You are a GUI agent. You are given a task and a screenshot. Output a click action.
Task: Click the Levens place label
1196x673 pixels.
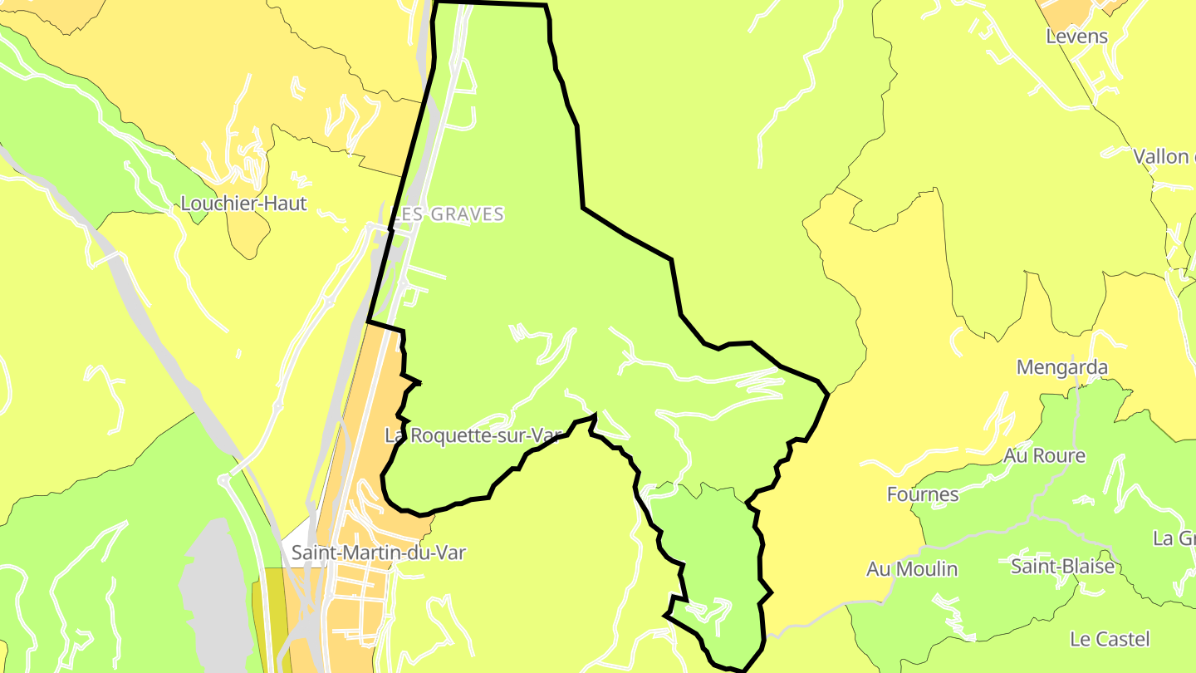[x=1076, y=37]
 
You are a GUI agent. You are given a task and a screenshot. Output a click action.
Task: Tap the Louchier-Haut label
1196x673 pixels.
[x=243, y=204]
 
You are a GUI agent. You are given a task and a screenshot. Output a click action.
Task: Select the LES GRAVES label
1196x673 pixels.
[x=448, y=214]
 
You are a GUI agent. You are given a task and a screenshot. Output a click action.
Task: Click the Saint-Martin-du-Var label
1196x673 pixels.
[x=378, y=553]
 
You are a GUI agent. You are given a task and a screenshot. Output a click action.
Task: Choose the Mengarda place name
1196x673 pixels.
[x=1061, y=367]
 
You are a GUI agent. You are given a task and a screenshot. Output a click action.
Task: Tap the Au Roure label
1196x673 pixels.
[x=1044, y=456]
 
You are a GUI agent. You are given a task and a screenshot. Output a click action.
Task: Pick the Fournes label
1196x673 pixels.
[x=922, y=495]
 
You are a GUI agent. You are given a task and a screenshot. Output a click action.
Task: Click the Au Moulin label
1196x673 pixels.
[x=911, y=569]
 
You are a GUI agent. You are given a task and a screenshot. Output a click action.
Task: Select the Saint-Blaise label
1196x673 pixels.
[x=1061, y=567]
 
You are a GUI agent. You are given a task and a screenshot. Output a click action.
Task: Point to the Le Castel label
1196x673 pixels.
[x=1110, y=640]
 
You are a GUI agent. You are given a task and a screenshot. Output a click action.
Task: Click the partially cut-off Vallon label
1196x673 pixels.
[x=1164, y=156]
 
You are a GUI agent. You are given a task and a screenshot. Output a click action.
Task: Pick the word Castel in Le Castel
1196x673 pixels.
[x=1123, y=640]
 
